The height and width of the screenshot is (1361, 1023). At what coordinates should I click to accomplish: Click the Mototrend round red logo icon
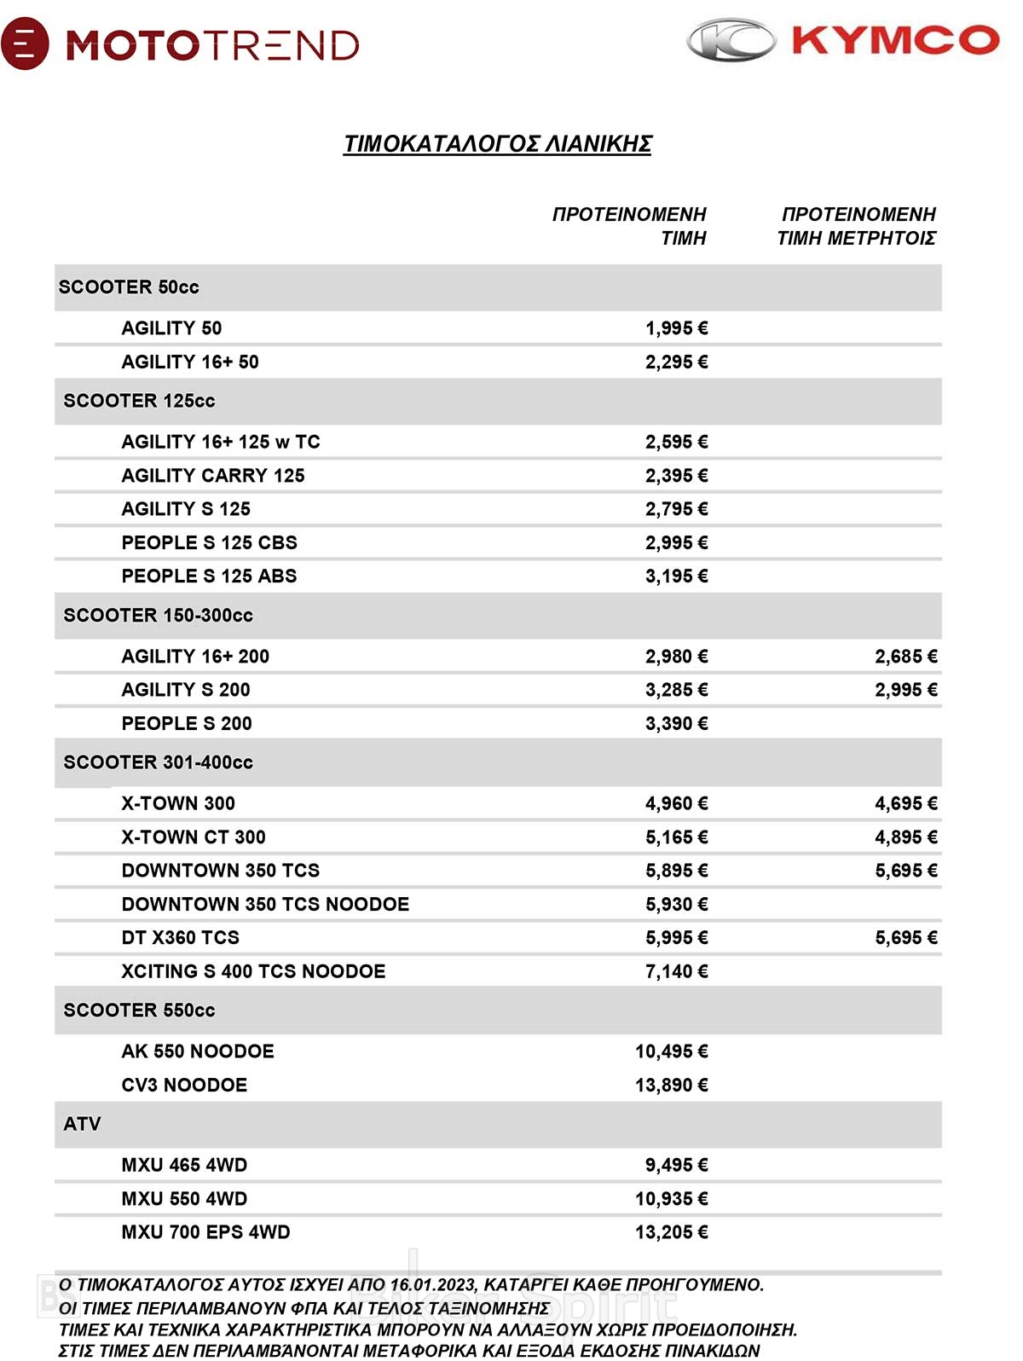25,43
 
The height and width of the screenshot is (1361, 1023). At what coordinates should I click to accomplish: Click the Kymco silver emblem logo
731,41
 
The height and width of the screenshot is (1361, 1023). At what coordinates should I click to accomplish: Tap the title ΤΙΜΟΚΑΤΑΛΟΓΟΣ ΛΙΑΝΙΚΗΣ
497,144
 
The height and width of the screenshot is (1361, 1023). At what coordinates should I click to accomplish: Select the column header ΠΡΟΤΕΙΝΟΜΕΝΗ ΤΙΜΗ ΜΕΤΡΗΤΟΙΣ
857,226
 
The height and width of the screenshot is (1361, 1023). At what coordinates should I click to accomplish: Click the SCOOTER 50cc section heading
129,287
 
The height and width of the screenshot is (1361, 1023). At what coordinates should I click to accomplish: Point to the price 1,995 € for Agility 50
676,328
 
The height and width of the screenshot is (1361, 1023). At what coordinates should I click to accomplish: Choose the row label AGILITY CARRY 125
213,476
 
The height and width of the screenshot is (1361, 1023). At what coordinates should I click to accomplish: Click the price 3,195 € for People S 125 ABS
676,576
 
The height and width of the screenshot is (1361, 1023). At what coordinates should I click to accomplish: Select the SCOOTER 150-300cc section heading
159,616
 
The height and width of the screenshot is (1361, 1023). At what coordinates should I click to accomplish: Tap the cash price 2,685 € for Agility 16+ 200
905,657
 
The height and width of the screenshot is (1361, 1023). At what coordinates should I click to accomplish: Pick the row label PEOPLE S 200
187,724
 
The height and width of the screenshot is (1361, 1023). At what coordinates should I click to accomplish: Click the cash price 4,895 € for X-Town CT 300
905,837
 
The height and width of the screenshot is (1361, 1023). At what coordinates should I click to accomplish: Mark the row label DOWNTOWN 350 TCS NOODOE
265,905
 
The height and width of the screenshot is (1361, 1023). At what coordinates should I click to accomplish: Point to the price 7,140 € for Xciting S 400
676,971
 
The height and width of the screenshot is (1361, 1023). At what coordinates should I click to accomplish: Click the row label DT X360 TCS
181,938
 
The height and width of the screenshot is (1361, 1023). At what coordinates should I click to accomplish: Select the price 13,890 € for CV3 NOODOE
671,1086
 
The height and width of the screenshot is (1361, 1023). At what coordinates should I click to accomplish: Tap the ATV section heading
83,1125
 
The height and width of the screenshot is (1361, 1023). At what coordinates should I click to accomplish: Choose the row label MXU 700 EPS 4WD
205,1232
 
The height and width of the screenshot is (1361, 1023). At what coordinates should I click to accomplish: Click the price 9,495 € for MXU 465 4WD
676,1166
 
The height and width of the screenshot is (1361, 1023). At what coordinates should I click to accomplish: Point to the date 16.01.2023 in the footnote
434,1285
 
